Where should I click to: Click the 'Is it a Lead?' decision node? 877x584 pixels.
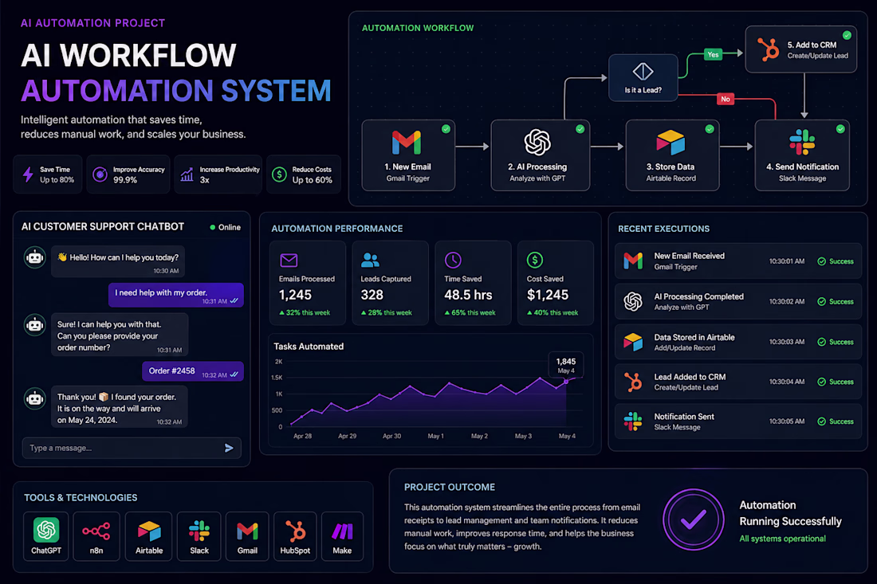pos(643,77)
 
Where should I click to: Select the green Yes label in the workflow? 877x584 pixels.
pos(713,54)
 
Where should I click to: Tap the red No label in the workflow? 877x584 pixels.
pos(726,99)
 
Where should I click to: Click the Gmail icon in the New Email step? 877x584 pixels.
pos(407,143)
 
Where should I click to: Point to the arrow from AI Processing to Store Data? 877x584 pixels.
pos(607,147)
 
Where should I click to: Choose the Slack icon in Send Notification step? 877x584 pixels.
pos(802,142)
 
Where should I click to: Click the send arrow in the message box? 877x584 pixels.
pos(229,448)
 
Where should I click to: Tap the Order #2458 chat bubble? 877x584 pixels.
pos(192,371)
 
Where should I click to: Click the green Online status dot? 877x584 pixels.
pos(213,227)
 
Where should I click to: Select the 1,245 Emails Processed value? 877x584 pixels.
pos(295,295)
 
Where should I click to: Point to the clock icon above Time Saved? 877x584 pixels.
pos(453,260)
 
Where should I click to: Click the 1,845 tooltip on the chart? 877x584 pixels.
pos(566,365)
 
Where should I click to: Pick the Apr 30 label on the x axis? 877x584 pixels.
pos(391,436)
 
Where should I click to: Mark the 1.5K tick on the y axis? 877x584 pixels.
pos(277,378)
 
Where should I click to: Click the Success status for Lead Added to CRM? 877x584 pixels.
pos(836,382)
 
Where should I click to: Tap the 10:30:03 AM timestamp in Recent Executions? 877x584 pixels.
pos(786,342)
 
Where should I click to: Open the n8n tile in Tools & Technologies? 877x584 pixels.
pos(96,536)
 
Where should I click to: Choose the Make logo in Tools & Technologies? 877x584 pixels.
pos(342,531)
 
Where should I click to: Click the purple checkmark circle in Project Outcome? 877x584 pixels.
pos(694,519)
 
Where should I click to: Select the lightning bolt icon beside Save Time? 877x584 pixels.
pos(28,174)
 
